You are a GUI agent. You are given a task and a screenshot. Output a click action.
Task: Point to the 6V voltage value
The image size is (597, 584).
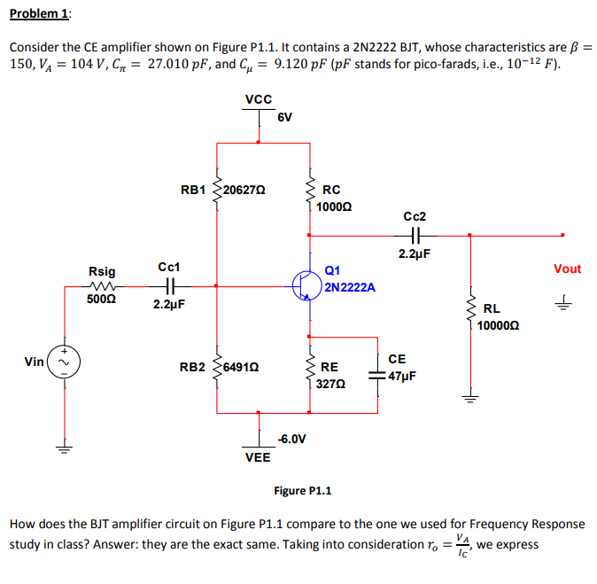point(285,117)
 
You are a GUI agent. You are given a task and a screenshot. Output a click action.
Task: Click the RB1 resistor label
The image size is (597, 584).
point(193,190)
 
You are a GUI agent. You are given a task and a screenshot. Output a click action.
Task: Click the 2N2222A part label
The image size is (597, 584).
point(350,287)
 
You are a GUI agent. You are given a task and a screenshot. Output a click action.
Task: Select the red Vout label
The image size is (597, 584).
point(567,269)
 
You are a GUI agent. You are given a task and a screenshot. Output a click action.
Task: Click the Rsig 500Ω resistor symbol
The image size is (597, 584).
point(102,286)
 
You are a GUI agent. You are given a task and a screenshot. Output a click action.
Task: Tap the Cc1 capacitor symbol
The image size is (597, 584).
point(169,286)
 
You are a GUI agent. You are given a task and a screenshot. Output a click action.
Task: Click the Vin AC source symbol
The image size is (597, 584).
point(63,362)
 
